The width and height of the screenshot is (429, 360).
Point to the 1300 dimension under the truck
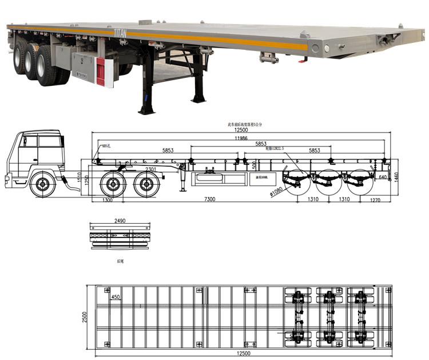[x=107, y=199]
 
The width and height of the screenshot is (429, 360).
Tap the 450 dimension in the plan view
[x=116, y=297]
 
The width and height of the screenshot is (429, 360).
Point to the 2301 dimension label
[x=150, y=169]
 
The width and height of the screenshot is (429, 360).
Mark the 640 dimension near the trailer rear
[x=382, y=177]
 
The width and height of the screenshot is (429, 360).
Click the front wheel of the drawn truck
[x=41, y=184]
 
